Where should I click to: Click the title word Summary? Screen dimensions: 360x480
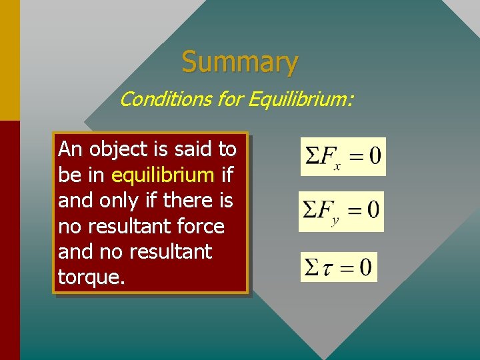pos(239,63)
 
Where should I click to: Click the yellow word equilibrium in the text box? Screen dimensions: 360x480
pos(163,175)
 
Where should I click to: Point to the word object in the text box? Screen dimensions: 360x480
pos(114,149)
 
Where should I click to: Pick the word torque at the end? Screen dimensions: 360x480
pos(89,277)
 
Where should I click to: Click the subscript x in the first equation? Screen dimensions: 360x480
pos(337,166)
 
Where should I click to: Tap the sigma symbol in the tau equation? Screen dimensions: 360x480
pos(311,267)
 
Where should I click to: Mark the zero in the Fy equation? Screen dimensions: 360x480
pos(372,211)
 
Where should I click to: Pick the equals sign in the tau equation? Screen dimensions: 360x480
pos(347,268)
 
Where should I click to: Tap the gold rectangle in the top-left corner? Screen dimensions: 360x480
pos(9,60)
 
